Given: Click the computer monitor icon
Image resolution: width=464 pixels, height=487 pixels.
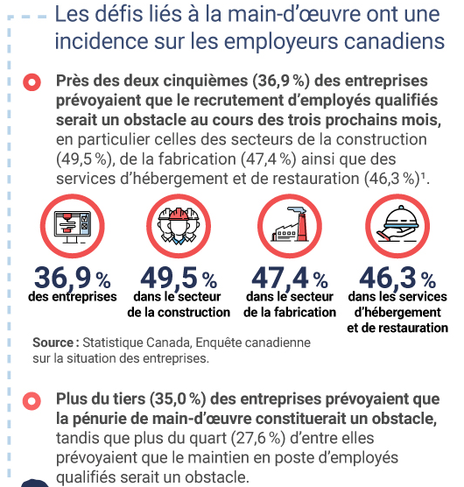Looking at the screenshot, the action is [73, 227].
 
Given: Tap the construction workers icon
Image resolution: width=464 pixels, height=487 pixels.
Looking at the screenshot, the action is [179, 226].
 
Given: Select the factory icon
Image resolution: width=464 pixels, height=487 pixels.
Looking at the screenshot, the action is [290, 224].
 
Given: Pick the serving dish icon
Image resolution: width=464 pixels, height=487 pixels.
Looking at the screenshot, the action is [397, 223].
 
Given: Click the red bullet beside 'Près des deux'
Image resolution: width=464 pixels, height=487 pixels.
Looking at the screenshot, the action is [32, 82].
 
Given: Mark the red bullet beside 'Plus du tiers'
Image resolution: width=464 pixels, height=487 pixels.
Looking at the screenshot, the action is [32, 400].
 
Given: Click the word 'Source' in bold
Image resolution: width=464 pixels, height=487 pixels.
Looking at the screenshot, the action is [53, 342].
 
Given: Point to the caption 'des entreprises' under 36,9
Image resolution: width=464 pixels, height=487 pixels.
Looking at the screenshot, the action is [73, 297].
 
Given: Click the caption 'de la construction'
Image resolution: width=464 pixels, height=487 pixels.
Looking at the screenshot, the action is [179, 312].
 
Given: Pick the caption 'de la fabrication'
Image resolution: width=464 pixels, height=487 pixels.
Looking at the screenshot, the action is [290, 312].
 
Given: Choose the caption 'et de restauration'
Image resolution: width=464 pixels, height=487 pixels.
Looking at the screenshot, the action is [397, 328].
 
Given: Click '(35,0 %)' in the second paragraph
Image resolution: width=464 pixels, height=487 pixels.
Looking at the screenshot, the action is [178, 399].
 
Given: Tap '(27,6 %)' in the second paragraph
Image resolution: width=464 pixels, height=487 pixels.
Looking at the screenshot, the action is [258, 438].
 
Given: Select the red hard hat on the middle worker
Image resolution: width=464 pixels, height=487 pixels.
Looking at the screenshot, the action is [179, 214].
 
